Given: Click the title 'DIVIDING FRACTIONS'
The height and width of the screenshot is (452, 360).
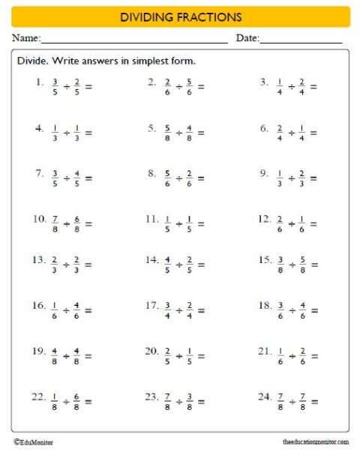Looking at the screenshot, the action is point(180,16).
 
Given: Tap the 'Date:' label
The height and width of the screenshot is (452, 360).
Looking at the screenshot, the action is point(247,38).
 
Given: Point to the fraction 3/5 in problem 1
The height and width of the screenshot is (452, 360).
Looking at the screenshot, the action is point(55,86).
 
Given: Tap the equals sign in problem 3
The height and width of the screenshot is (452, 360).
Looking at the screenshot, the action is point(313,86).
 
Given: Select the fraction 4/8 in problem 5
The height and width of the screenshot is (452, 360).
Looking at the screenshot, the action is point(189,133).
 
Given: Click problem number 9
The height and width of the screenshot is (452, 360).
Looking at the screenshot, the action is point(264,174).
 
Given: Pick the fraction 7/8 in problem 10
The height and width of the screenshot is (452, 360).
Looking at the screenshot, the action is point(55,223).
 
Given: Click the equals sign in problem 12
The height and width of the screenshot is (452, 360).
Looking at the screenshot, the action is point(313,223).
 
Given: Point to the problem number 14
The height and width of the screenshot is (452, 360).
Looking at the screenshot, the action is point(151,260).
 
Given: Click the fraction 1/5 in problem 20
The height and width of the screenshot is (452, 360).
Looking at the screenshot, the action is point(189,355).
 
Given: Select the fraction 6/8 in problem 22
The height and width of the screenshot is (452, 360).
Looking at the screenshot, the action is point(76,401).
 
